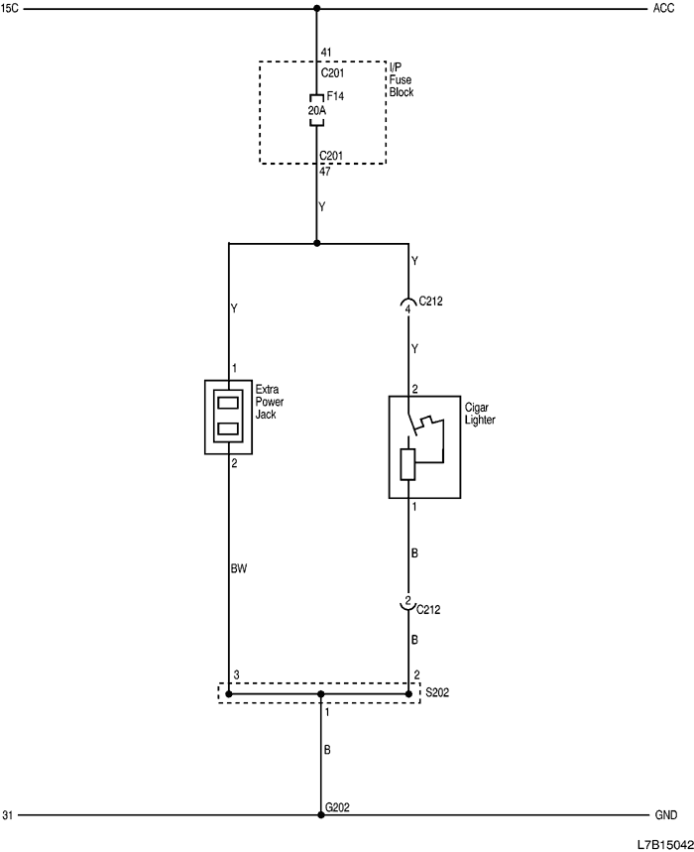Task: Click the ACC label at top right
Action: (663, 9)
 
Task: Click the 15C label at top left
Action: (11, 9)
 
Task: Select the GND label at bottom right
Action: (665, 815)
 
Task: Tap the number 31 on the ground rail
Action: (9, 815)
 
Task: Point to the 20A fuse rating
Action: (315, 111)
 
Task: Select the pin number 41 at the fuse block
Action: (324, 53)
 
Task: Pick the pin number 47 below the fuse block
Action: (324, 172)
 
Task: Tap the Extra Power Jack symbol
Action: (229, 416)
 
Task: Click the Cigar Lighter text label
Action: (480, 413)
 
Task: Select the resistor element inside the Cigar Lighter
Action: (407, 464)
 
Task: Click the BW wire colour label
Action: (238, 569)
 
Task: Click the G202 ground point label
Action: (338, 808)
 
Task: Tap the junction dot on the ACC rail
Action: (317, 10)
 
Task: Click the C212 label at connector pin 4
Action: (431, 299)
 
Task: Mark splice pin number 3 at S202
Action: (236, 675)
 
